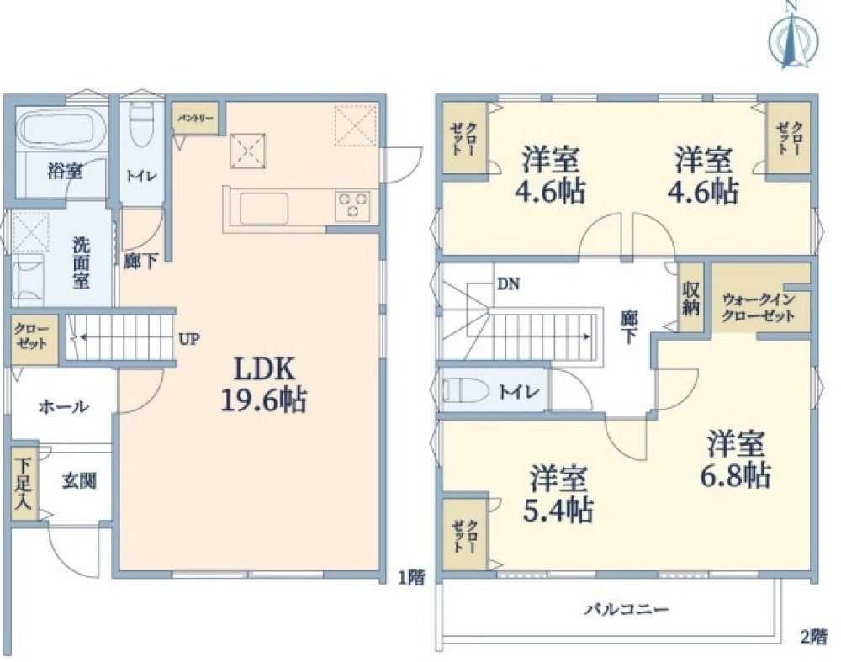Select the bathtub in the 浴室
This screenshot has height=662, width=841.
tap(59, 130)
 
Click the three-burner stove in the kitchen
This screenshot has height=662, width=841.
tap(352, 205)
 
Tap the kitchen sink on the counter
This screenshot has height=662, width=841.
tap(264, 207)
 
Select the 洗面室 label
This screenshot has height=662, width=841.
tap(81, 262)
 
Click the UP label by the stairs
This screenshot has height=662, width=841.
tap(188, 340)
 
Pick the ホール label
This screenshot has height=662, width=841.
tap(63, 407)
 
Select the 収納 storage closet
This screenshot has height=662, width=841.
tap(690, 297)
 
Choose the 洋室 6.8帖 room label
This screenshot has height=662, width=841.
tap(735, 458)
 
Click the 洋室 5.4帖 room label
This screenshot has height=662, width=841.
tap(559, 495)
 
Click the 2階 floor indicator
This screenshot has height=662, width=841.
tap(812, 636)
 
